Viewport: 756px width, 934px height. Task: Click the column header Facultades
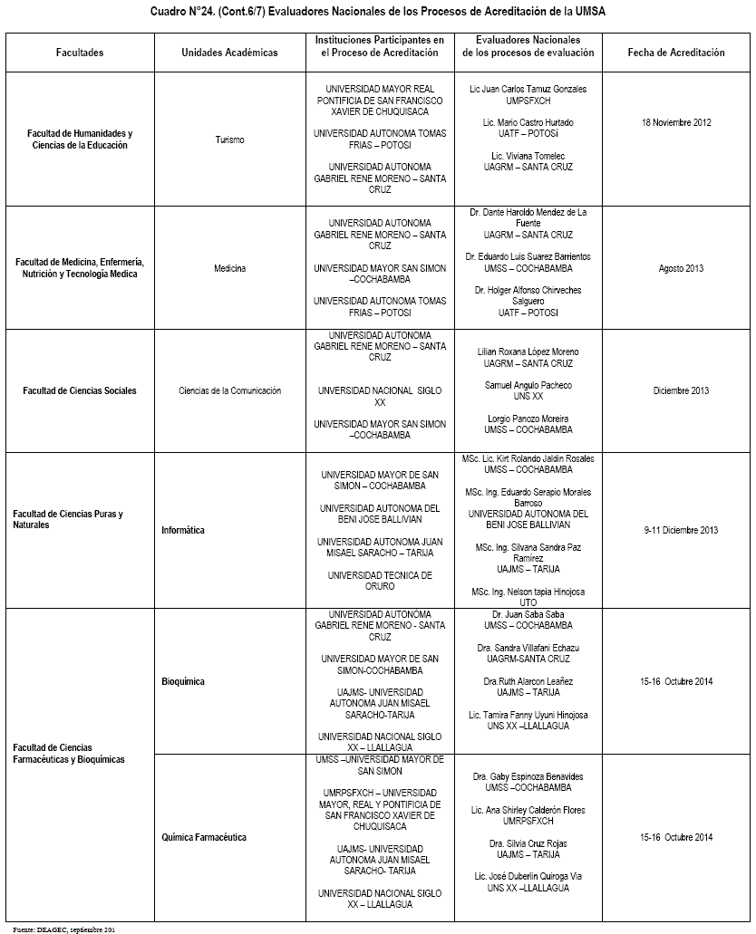(79, 53)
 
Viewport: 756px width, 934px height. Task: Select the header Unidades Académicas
(229, 53)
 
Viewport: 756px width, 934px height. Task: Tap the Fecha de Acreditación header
(676, 53)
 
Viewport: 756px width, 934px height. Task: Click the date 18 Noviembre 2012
(676, 121)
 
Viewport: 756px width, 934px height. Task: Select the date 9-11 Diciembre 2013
(681, 530)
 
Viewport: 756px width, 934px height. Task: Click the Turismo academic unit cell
(229, 140)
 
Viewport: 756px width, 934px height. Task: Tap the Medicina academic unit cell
(229, 268)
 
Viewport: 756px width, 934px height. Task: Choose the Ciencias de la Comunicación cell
(229, 390)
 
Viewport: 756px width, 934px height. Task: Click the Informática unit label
(183, 530)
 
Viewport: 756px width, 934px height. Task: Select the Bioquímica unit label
(183, 681)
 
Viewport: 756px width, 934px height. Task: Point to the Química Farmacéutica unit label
(204, 837)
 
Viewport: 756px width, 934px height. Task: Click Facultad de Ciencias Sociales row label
(80, 390)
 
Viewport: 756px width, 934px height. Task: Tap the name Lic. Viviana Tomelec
(528, 156)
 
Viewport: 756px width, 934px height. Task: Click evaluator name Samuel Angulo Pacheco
(528, 385)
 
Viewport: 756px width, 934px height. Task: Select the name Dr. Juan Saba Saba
(528, 614)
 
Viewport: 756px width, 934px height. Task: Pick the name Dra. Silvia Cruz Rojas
(528, 843)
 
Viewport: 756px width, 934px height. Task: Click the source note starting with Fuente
(63, 929)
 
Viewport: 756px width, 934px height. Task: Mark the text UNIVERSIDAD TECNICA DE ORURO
(380, 581)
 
